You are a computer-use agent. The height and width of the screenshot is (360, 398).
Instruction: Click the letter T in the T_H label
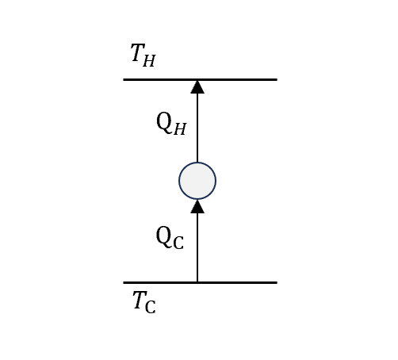coord(138,52)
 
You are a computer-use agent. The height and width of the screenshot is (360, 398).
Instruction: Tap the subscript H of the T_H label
coord(149,61)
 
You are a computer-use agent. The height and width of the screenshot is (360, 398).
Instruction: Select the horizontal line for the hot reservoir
coord(200,79)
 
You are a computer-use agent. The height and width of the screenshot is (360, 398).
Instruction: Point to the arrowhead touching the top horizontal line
coord(197,87)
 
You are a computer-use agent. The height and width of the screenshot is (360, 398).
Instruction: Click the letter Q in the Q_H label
coord(164,121)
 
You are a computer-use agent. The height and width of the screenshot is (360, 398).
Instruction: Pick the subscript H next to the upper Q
coord(180,129)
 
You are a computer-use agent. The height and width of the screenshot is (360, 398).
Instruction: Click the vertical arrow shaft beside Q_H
coord(197,128)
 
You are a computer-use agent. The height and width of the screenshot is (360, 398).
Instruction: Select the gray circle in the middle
coord(197,181)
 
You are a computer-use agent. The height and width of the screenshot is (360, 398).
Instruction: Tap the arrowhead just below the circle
coord(197,206)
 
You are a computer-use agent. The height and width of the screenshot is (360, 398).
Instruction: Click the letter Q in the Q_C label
coord(163,236)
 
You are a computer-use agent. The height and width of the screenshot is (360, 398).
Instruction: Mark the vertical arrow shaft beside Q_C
coord(197,247)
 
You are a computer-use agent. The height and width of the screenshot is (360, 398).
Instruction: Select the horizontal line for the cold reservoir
coord(200,282)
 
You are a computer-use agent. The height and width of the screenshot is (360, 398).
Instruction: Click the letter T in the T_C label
coord(140,300)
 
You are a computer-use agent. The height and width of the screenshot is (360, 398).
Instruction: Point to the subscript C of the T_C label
coord(150,308)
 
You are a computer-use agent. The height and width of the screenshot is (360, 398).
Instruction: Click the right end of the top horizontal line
coord(277,79)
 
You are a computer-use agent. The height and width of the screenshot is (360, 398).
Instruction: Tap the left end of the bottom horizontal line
coord(124,282)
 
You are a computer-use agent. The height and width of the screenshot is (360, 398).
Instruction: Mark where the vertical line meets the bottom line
coord(197,282)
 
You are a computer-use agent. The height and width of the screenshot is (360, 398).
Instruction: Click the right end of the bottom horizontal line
coord(277,282)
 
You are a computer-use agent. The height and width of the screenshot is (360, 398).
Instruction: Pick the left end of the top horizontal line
coord(124,79)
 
